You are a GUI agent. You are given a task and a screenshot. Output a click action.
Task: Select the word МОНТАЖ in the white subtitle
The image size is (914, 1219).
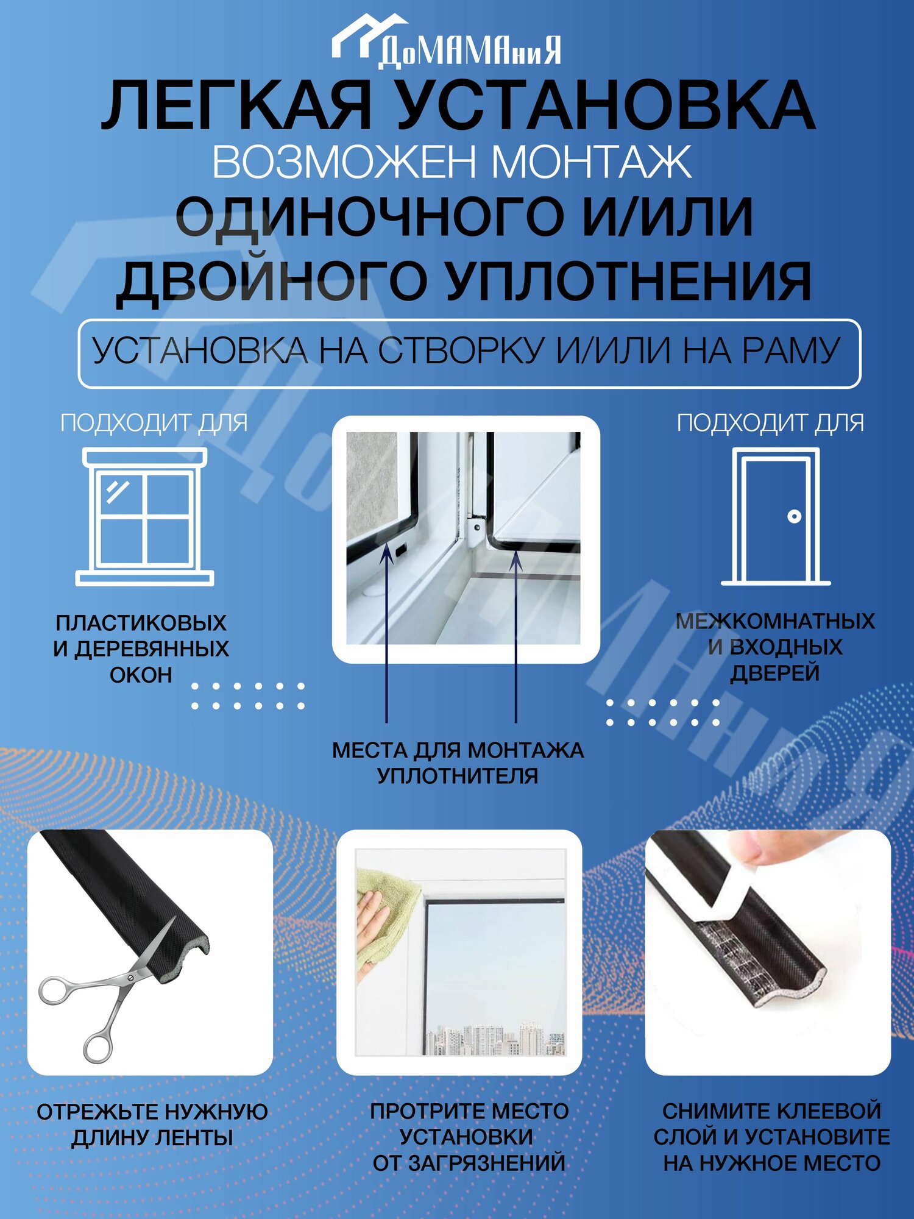point(591,162)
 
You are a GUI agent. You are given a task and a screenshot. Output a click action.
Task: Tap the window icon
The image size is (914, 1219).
point(145,517)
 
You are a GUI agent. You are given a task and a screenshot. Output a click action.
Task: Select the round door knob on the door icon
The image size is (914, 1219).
point(794,516)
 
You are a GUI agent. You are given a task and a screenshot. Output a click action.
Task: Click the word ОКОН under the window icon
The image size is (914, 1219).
point(141,675)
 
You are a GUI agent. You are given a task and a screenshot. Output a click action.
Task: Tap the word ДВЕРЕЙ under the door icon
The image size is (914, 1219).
point(775,673)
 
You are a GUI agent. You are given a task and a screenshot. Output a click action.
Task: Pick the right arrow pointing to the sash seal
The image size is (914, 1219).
point(516,636)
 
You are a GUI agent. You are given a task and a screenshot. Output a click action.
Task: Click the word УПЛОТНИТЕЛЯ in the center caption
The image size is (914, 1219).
point(458,776)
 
